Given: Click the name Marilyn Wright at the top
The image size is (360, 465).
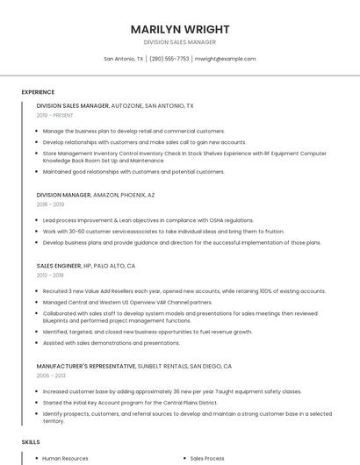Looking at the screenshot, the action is click(179, 29).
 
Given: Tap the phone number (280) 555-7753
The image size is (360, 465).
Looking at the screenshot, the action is click(169, 59).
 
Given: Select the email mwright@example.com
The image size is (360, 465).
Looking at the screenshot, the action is click(226, 59).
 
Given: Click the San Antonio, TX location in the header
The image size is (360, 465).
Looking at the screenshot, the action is click(123, 59).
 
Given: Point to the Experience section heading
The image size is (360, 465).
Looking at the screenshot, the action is click(38, 92).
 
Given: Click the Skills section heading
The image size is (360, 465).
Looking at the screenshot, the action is click(31, 442).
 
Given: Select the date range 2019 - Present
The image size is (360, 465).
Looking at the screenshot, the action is click(55, 115).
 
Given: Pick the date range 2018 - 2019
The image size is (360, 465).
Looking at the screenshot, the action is click(50, 204).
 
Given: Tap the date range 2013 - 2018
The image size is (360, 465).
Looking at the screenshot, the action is click(50, 275).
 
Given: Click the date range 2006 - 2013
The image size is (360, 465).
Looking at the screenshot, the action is click(50, 376).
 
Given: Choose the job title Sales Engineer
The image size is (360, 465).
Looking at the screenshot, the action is click(58, 265).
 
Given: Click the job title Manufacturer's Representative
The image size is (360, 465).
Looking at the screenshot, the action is click(85, 366).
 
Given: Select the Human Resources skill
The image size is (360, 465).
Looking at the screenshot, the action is click(65, 458).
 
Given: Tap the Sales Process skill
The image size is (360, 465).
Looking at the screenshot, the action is click(207, 458).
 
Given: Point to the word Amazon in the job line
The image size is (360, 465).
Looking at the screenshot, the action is click(106, 195).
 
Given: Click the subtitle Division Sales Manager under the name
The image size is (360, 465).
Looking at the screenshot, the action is click(179, 42).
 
